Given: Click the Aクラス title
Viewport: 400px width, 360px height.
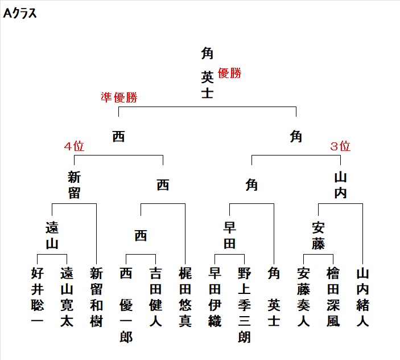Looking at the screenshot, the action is pyautogui.click(x=20, y=14).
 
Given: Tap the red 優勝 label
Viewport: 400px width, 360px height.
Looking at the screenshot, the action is pyautogui.click(x=230, y=73).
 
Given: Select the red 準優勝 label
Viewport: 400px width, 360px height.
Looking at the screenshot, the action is pyautogui.click(x=119, y=97).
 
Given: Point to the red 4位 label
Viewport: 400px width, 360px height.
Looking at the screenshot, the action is pyautogui.click(x=74, y=146).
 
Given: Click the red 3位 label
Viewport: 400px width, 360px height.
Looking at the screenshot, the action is pyautogui.click(x=340, y=146).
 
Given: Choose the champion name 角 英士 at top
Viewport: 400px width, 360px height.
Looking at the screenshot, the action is pyautogui.click(x=207, y=73).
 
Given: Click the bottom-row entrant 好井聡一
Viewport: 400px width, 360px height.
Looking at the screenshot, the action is pyautogui.click(x=37, y=297).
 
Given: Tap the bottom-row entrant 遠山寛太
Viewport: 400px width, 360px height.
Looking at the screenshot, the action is pyautogui.click(x=67, y=297).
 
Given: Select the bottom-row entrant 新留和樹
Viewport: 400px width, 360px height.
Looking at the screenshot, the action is pyautogui.click(x=96, y=297).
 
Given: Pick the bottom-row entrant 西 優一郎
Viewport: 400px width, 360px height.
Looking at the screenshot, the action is pyautogui.click(x=126, y=305).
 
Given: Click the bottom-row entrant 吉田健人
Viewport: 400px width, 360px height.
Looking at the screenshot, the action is pyautogui.click(x=155, y=297).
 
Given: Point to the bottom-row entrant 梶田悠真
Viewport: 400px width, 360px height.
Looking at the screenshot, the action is pyautogui.click(x=185, y=297).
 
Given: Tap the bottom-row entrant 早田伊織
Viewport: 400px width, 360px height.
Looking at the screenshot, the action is pyautogui.click(x=215, y=297).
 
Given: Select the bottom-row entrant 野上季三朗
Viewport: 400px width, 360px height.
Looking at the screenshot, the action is pyautogui.click(x=245, y=305).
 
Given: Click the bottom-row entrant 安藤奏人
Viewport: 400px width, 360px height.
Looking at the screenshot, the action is pyautogui.click(x=304, y=297).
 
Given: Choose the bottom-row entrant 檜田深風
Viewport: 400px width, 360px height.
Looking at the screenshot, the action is pyautogui.click(x=333, y=297).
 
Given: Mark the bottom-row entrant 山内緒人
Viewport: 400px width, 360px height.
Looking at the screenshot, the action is pyautogui.click(x=363, y=297).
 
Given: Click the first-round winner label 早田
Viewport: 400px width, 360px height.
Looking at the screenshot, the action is pyautogui.click(x=230, y=235).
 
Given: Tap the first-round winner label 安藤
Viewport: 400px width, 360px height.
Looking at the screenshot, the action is pyautogui.click(x=319, y=235).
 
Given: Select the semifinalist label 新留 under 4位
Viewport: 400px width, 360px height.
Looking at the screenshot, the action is pyautogui.click(x=74, y=185).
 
